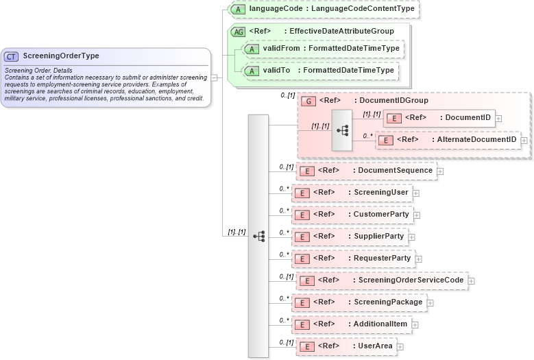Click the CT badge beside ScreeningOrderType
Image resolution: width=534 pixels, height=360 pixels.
click(12, 56)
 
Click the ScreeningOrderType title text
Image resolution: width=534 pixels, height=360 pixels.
click(61, 56)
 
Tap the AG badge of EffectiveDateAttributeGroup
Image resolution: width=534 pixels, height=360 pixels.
click(239, 32)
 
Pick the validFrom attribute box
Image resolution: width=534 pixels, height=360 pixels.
click(324, 49)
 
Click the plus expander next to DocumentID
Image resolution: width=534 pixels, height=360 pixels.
click(498, 118)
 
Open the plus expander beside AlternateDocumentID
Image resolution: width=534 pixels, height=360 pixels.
click(524, 140)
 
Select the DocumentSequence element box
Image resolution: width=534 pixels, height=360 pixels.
click(366, 170)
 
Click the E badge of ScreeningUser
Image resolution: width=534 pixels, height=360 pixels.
click(301, 193)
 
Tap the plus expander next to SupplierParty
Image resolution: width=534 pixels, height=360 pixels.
click(412, 237)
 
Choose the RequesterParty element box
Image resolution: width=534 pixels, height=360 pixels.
click(353, 259)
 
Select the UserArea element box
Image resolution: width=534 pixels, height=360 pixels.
click(345, 346)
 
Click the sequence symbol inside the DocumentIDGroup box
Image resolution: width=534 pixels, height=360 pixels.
click(341, 130)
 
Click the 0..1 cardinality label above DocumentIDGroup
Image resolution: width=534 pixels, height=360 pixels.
click(288, 95)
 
